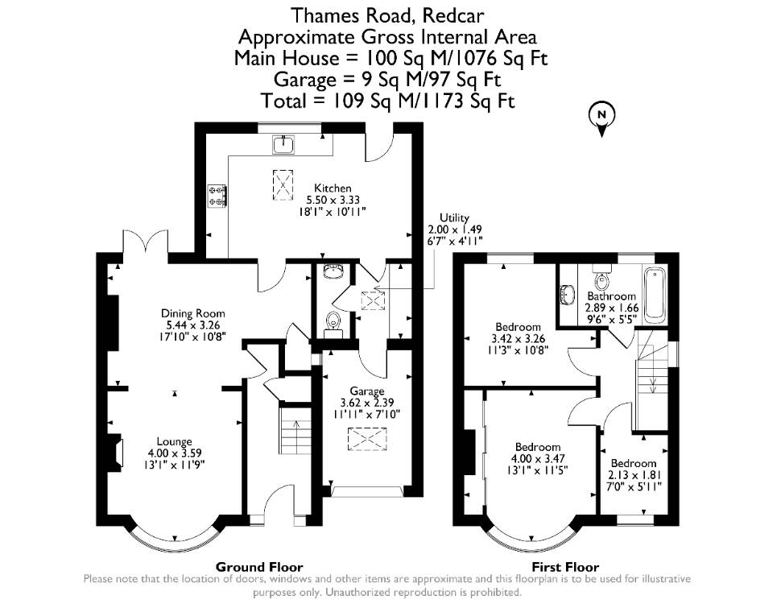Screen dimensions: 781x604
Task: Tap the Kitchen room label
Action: click(x=333, y=188)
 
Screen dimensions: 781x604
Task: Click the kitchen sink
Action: click(x=283, y=144)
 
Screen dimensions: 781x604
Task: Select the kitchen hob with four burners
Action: click(x=217, y=195)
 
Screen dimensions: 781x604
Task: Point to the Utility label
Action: click(x=454, y=217)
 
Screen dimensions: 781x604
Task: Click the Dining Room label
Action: click(x=192, y=313)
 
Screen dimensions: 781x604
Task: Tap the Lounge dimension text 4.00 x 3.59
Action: click(x=175, y=453)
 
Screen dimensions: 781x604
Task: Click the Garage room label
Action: click(x=367, y=391)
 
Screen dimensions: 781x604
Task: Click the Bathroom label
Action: click(x=611, y=296)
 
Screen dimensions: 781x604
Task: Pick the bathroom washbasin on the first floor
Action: click(x=567, y=294)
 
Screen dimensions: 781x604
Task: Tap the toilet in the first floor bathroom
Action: click(x=602, y=279)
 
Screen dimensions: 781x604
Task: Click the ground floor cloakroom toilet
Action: click(x=333, y=322)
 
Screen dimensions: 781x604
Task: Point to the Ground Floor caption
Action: click(x=259, y=567)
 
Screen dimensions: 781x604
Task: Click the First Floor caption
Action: click(x=565, y=567)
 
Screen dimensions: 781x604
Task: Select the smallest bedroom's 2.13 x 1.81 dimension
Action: click(x=634, y=474)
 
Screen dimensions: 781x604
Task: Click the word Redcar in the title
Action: click(x=452, y=16)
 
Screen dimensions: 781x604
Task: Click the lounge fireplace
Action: click(x=117, y=453)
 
